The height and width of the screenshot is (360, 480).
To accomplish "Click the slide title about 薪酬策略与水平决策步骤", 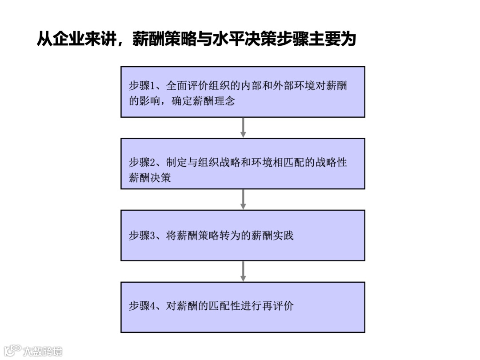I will point(196,39).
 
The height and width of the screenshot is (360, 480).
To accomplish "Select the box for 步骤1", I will point(243,92).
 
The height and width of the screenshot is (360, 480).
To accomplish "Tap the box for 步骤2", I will point(243,164).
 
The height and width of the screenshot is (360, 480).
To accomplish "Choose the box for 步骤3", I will point(243,235).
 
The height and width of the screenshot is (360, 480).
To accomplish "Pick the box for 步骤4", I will point(243,307).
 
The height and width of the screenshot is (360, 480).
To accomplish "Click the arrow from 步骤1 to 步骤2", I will point(243,128).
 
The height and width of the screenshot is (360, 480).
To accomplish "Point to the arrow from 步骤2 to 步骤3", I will point(243,199).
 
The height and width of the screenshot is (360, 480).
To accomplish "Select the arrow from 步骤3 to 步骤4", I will point(243,271).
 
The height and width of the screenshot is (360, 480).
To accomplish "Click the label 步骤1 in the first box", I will point(141,86).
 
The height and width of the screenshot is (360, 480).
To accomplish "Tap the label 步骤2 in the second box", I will point(141,162).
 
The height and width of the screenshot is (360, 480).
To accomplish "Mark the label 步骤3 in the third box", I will point(141,236).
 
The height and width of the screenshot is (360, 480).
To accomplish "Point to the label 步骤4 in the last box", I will point(141,306).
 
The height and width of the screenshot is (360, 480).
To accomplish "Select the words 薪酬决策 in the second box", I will point(150,178).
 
